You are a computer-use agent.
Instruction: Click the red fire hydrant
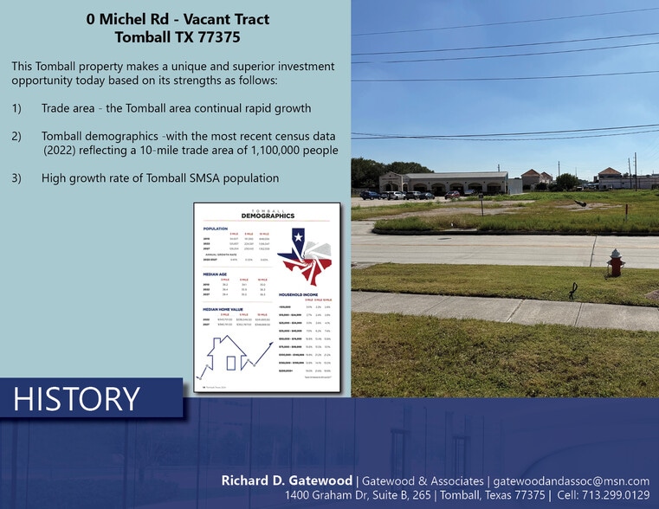point(616,262)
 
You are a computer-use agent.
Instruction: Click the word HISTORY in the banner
point(77,399)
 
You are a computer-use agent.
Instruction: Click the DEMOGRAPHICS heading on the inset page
point(268,216)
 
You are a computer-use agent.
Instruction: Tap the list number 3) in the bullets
point(16,178)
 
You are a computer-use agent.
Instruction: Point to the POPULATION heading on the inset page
point(216,229)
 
